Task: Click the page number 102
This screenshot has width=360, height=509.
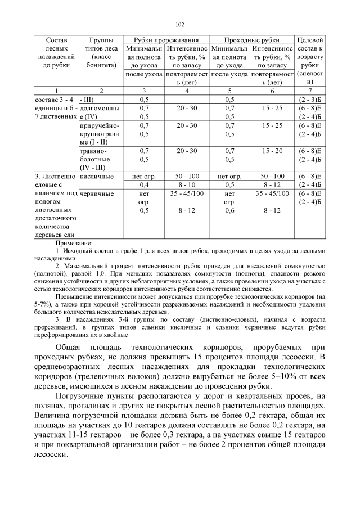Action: point(180,24)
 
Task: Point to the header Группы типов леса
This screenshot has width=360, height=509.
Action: point(101,53)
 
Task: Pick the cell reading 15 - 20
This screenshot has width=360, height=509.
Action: point(272,151)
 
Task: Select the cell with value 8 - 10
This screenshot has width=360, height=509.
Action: point(187,184)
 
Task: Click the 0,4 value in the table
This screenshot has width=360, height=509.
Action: point(144,184)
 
